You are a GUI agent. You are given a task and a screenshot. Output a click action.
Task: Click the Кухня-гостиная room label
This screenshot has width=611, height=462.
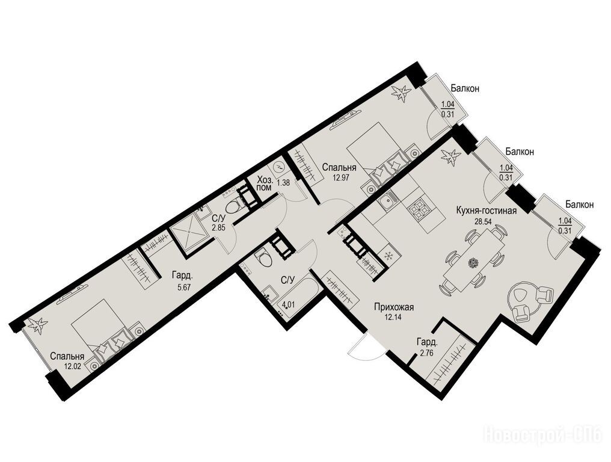(487, 211)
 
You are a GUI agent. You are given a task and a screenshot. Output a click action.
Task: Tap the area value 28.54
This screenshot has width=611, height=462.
(484, 221)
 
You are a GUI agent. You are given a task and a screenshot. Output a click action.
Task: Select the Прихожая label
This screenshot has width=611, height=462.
(393, 307)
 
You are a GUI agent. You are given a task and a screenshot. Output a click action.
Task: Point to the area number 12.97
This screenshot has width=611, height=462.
(340, 178)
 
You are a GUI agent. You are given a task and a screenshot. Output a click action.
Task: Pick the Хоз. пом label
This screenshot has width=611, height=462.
(267, 185)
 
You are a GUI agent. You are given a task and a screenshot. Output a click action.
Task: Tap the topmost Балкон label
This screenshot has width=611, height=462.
(465, 88)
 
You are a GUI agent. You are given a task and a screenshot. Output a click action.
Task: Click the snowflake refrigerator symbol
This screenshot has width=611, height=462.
(388, 256)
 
